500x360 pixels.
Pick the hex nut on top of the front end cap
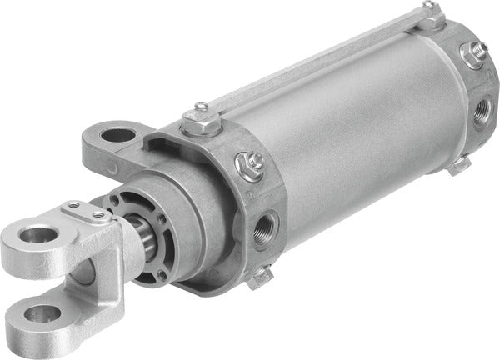[x=199, y=126]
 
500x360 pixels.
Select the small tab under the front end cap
[x=262, y=274]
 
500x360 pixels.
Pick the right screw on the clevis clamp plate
[x=100, y=217]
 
